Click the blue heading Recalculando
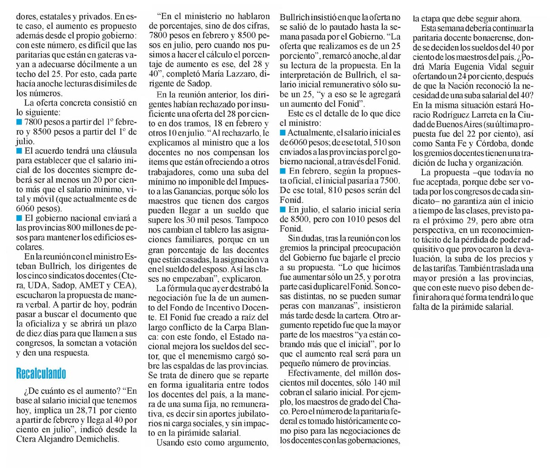[41, 373]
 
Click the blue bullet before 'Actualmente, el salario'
[283, 132]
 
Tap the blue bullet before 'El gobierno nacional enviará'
[19, 218]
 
